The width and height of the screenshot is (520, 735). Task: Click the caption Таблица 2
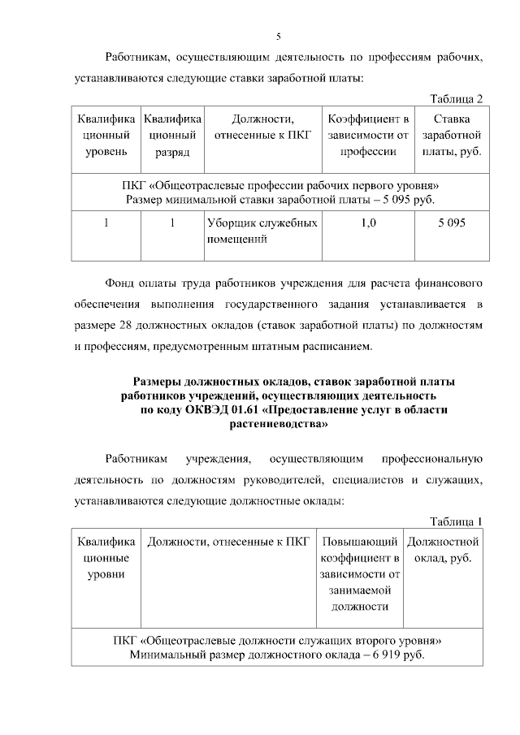tap(456, 99)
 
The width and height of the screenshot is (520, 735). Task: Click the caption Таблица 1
tap(456, 521)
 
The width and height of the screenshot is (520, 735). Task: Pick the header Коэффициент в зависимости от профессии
tap(367, 136)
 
